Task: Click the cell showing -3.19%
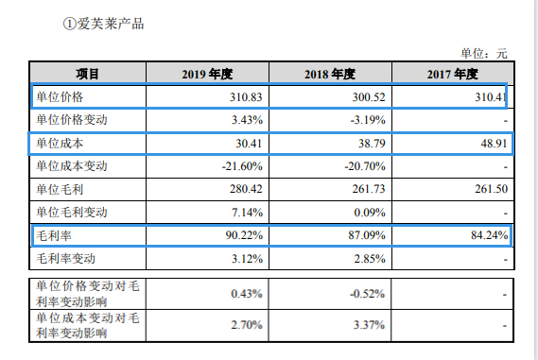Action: (367, 120)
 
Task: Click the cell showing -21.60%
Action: (244, 166)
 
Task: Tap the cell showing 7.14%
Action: (249, 211)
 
